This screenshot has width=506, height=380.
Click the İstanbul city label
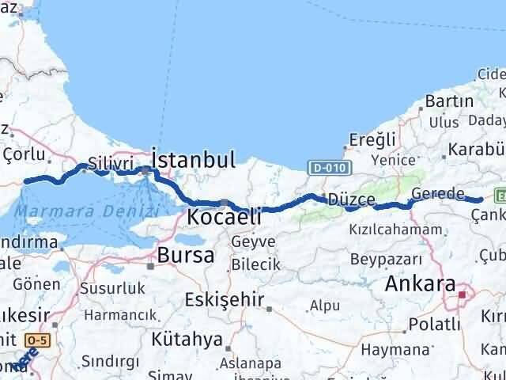[x=193, y=159]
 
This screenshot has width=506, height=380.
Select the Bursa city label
[x=185, y=255]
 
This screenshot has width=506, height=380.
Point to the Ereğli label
[x=372, y=140]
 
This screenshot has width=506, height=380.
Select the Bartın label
[x=448, y=101]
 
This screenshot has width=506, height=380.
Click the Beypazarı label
[x=383, y=259]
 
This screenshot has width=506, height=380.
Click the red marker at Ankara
[x=463, y=294]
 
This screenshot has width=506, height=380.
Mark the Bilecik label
[x=257, y=263]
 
